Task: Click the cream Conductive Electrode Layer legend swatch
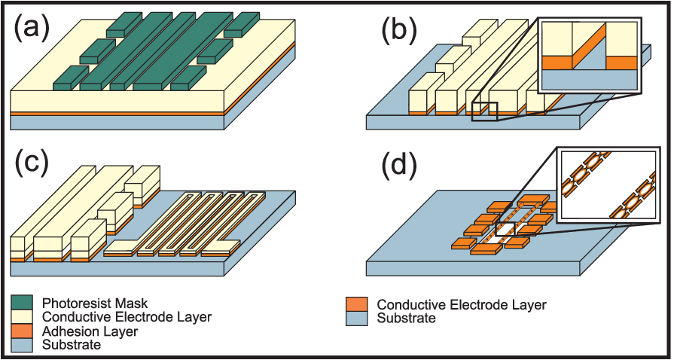pyautogui.click(x=25, y=317)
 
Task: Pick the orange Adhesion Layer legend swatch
pyautogui.click(x=25, y=331)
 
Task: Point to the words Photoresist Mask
pyautogui.click(x=96, y=304)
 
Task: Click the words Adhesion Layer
pyautogui.click(x=90, y=332)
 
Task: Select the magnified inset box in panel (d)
pyautogui.click(x=613, y=185)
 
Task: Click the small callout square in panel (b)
pyautogui.click(x=484, y=111)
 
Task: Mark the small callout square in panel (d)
pyautogui.click(x=505, y=229)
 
